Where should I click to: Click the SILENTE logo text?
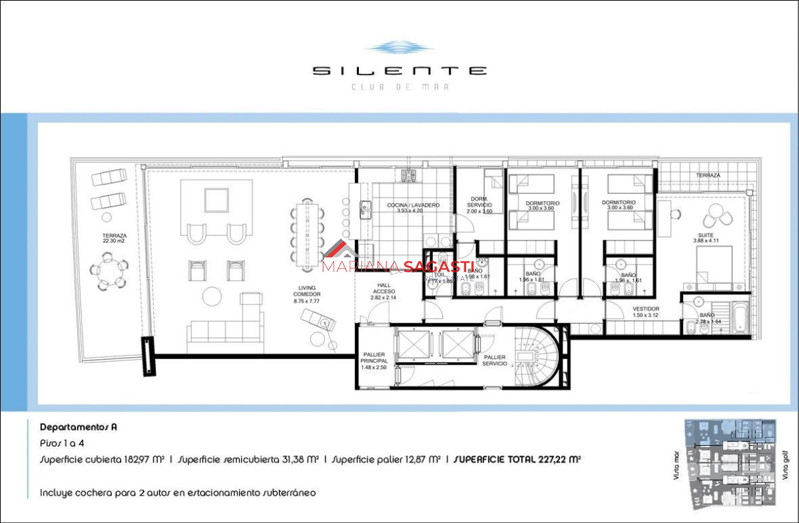[400, 71]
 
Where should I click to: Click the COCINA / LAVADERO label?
[413, 208]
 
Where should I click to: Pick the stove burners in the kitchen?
[408, 176]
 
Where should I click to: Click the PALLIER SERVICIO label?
[494, 361]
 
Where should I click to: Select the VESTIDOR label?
[646, 312]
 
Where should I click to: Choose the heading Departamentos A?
[79, 427]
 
